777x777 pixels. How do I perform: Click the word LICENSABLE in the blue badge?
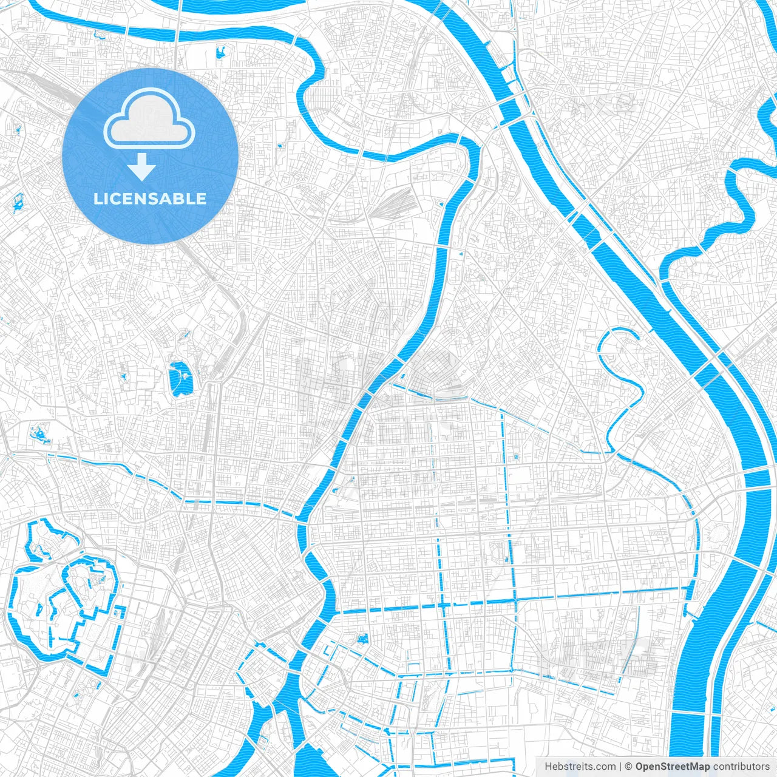150,198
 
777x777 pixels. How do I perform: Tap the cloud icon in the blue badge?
149,118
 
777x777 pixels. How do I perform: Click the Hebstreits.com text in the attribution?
580,767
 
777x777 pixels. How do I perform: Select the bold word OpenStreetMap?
672,767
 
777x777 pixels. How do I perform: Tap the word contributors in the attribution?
741,767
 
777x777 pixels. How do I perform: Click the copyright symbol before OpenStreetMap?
629,767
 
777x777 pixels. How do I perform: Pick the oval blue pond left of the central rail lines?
180,379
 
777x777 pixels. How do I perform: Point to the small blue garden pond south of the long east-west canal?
363,639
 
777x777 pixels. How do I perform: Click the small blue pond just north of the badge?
221,53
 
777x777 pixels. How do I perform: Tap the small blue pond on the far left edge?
17,202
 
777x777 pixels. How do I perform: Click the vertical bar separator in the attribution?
620,767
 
